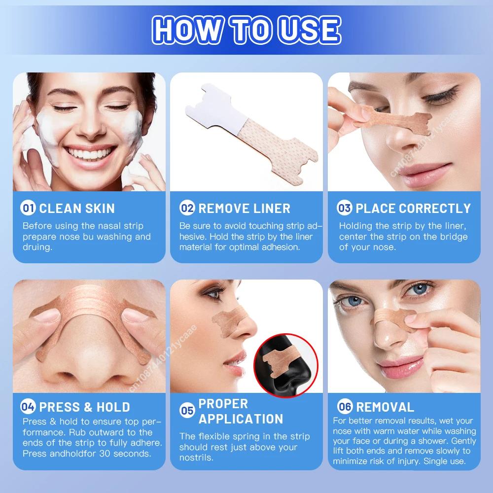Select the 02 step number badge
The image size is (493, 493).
(187, 208)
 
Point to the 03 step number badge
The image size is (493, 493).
(345, 208)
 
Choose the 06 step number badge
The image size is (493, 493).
(345, 407)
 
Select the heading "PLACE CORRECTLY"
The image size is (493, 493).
(413, 208)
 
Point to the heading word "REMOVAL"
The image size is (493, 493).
(385, 407)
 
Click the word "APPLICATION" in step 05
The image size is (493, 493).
(241, 419)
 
